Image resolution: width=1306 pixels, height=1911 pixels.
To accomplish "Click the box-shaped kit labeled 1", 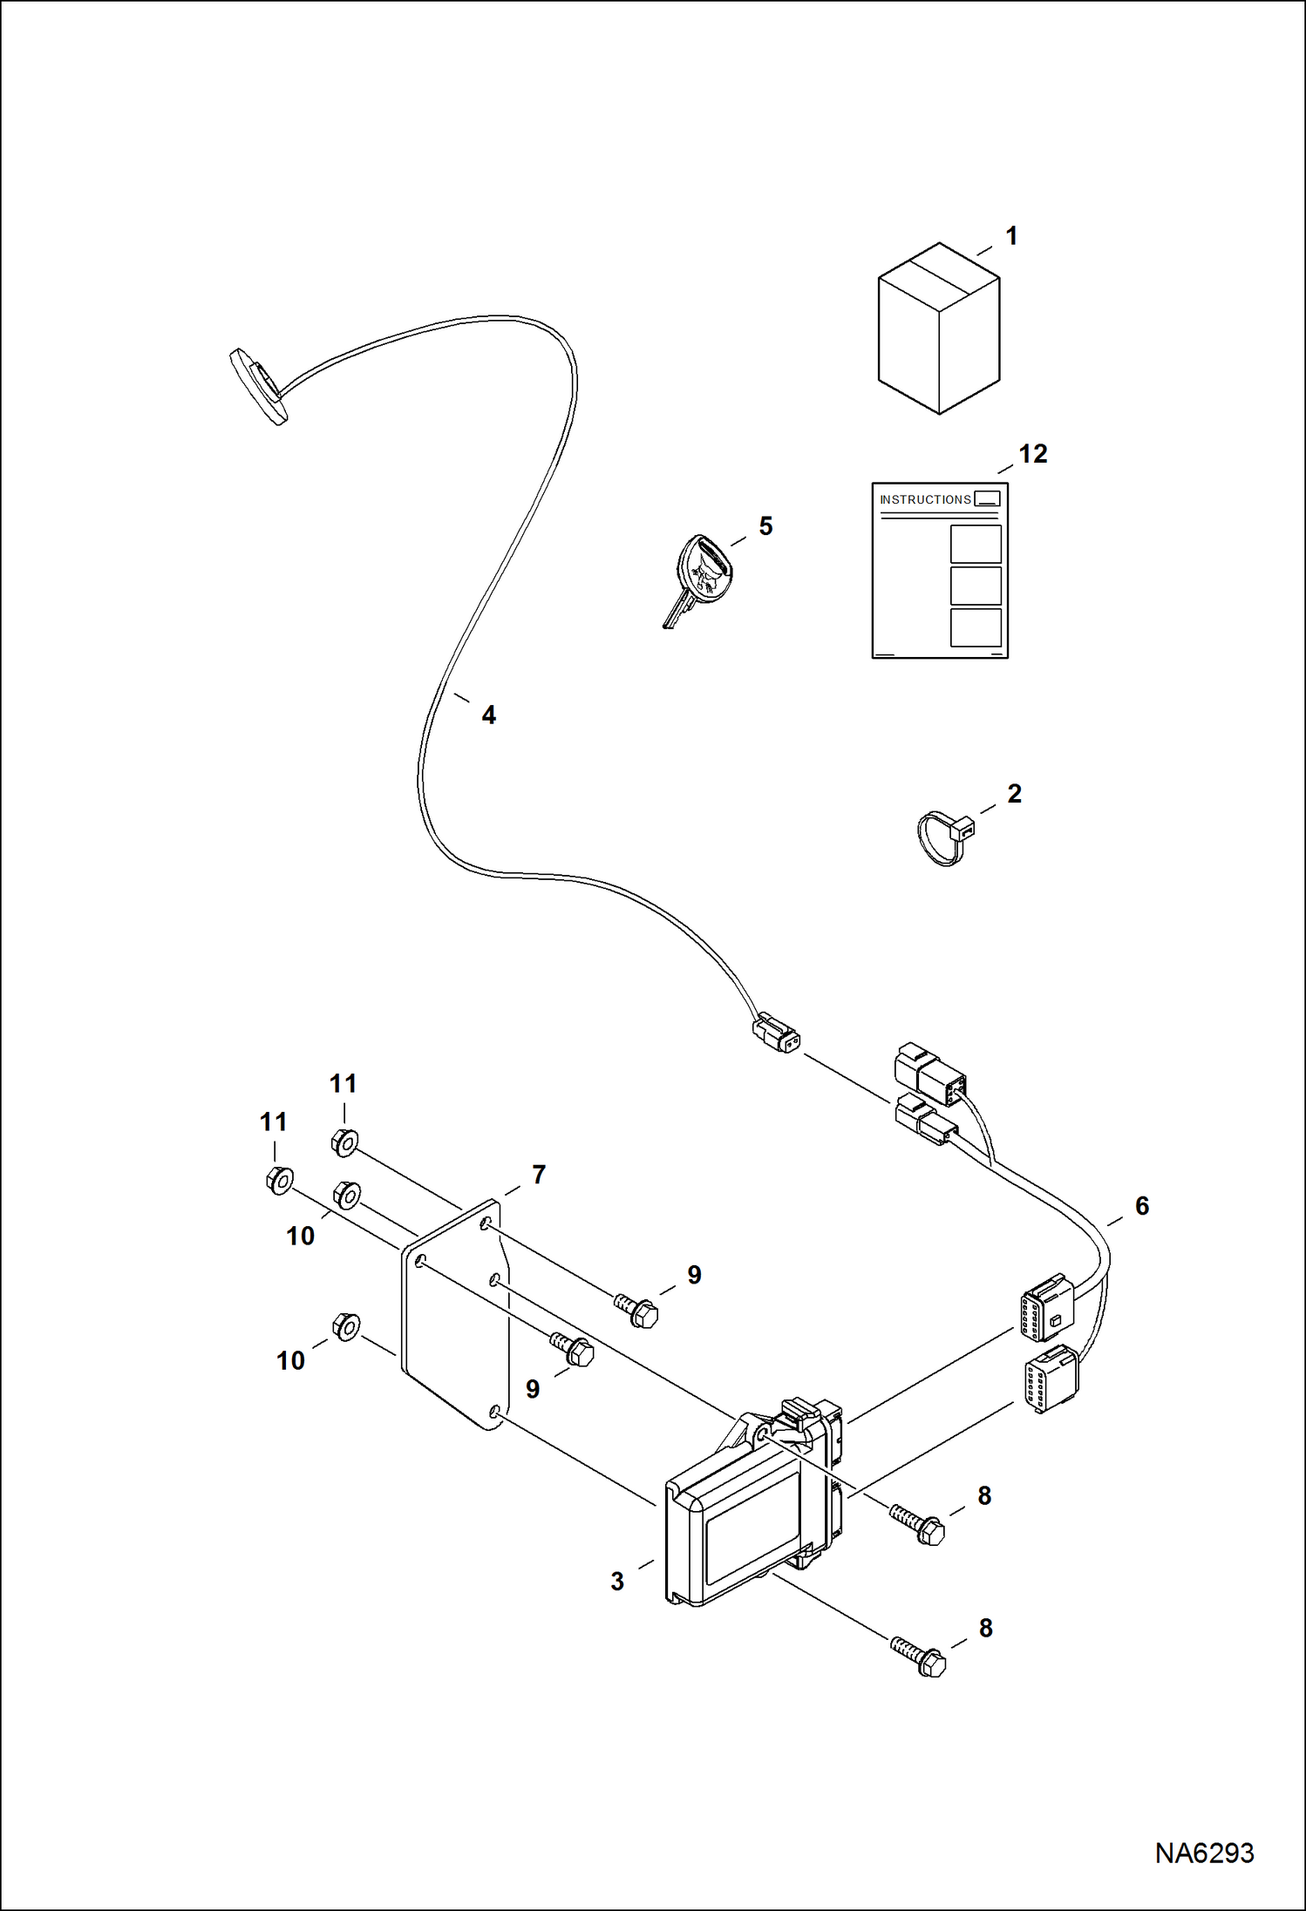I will pyautogui.click(x=938, y=329).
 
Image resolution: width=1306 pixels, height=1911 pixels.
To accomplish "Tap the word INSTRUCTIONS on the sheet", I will pyautogui.click(x=924, y=499).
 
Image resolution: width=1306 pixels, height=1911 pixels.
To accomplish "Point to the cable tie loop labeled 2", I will pyautogui.click(x=942, y=837).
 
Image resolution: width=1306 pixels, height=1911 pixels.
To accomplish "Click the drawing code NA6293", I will pyautogui.click(x=1204, y=1853).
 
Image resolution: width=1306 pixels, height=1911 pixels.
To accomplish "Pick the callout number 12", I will pyautogui.click(x=1033, y=454).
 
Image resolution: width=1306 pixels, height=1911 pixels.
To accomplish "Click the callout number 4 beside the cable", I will pyautogui.click(x=489, y=715).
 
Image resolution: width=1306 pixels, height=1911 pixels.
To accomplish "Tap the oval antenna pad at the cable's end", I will pyautogui.click(x=258, y=386).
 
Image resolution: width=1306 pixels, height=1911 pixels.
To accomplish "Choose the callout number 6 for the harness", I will pyautogui.click(x=1142, y=1206).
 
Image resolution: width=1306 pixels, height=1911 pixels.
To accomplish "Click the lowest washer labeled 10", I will pyautogui.click(x=346, y=1327).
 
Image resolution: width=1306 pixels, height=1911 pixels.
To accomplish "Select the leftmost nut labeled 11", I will pyautogui.click(x=278, y=1181).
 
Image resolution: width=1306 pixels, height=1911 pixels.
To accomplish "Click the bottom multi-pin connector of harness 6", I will pyautogui.click(x=1051, y=1379).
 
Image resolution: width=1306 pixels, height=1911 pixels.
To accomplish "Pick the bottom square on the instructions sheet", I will pyautogui.click(x=976, y=627).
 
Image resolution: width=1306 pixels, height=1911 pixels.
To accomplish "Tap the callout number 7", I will pyautogui.click(x=539, y=1175).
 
